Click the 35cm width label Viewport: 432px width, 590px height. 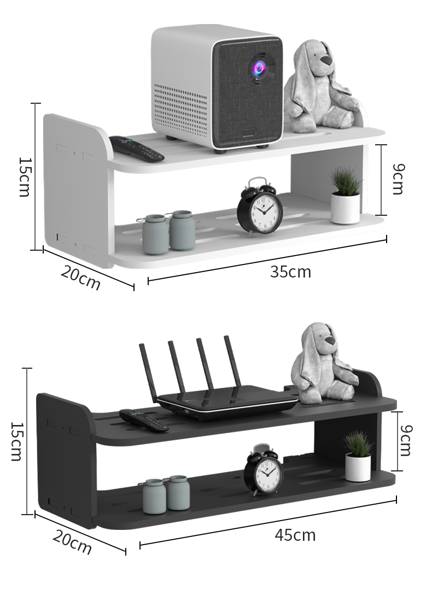(290, 272)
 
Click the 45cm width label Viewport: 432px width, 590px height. (295, 535)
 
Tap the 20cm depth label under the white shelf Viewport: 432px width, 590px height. (81, 277)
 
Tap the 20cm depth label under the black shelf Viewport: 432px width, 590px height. (72, 542)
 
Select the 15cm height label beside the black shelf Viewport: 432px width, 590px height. (16, 441)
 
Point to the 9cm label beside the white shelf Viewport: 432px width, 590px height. (398, 179)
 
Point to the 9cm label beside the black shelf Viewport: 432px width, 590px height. (406, 440)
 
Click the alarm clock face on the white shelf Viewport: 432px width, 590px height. (260, 211)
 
